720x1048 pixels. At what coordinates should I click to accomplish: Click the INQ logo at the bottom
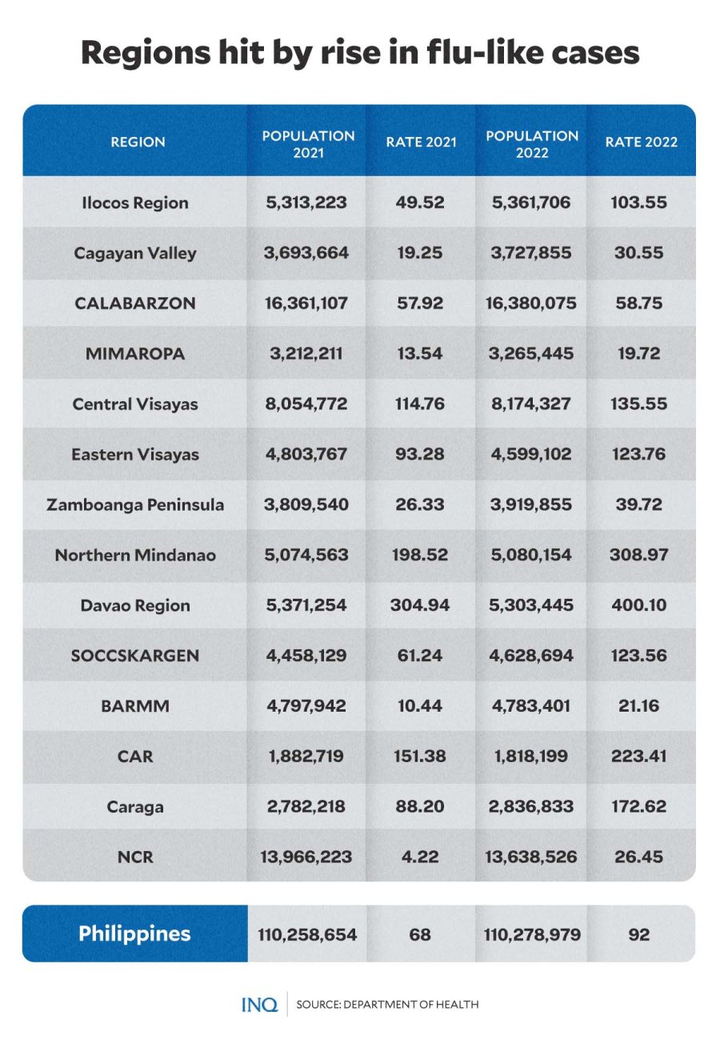[x=259, y=1005]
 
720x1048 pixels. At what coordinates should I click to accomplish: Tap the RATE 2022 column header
[x=641, y=142]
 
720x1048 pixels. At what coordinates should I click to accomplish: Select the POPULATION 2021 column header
[x=308, y=144]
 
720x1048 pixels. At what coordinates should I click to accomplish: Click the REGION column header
[x=138, y=142]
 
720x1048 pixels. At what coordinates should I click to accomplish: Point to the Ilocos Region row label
[x=135, y=203]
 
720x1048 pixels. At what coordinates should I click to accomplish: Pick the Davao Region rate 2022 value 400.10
[x=638, y=605]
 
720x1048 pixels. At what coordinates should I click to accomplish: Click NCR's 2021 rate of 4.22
[x=420, y=857]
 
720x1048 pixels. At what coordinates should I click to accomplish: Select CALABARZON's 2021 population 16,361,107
[x=306, y=303]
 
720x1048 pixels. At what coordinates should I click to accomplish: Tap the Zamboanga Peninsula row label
[x=135, y=505]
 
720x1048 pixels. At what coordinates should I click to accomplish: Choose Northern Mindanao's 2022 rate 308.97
[x=638, y=554]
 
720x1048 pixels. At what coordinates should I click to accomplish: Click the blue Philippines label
[x=134, y=934]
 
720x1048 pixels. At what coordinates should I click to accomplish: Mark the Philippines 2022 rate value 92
[x=638, y=934]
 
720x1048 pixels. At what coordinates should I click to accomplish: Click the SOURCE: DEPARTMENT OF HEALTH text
[x=387, y=1005]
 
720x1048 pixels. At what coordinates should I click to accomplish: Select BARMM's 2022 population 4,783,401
[x=531, y=705]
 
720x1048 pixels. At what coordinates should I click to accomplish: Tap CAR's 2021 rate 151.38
[x=420, y=756]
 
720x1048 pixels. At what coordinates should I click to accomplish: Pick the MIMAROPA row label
[x=135, y=354]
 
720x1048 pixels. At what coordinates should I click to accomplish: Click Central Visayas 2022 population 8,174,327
[x=531, y=404]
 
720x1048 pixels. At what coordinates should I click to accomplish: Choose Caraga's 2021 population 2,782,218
[x=306, y=806]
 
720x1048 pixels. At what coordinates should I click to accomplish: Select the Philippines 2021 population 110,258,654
[x=307, y=935]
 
